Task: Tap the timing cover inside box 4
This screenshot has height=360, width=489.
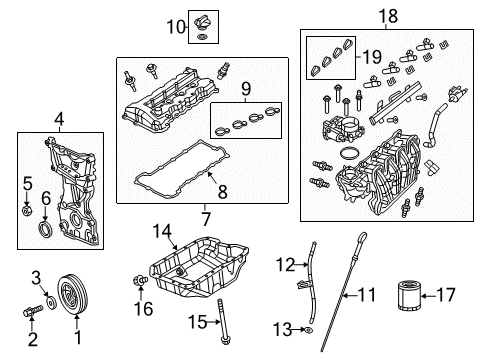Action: (x=68, y=190)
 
